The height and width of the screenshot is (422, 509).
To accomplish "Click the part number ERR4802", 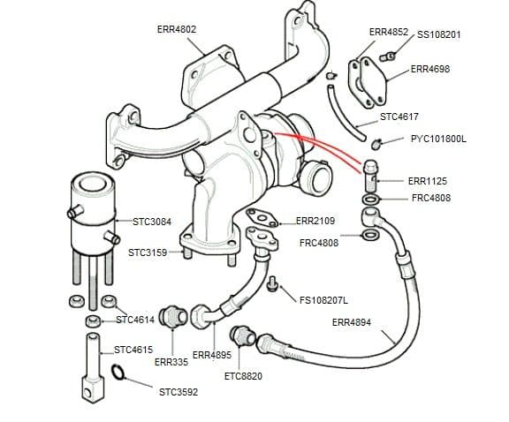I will coord(176,29).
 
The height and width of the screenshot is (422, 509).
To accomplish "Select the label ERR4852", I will coord(388,32).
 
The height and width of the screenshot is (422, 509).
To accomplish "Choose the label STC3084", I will coord(152,222).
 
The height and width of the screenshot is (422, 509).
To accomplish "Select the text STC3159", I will coord(147,252).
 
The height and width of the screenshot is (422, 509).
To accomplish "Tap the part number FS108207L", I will coord(323,300).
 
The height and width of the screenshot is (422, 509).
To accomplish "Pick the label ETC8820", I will coord(243,376).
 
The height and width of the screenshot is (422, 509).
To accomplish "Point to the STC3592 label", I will coord(179,392).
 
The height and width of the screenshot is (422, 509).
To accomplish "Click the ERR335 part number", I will coord(171,362).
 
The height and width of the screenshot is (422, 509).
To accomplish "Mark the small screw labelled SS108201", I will coord(385,57).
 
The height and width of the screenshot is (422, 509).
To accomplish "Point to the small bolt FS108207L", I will coord(272,285).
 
